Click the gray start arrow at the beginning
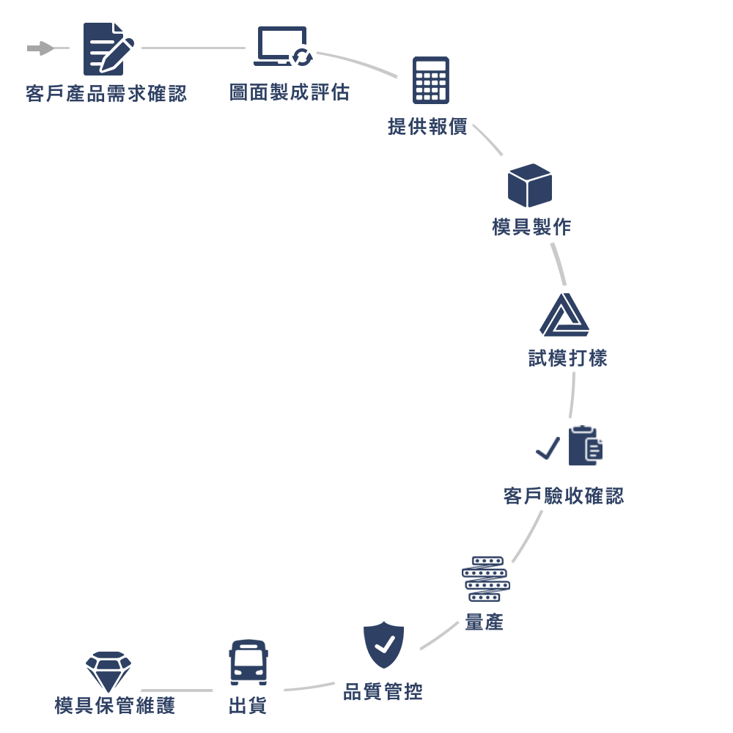click(40, 48)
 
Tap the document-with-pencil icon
click(108, 48)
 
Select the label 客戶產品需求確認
click(106, 95)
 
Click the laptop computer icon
click(282, 47)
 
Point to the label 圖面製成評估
click(290, 92)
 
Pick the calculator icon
click(431, 80)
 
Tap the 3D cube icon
click(529, 185)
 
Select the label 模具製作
click(531, 227)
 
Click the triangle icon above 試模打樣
click(564, 316)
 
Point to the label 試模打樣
click(568, 358)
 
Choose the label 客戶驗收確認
click(564, 496)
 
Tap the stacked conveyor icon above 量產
click(485, 579)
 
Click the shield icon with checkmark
click(384, 644)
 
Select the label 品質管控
click(383, 691)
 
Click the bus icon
click(248, 662)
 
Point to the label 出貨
click(248, 706)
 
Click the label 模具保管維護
click(115, 706)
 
